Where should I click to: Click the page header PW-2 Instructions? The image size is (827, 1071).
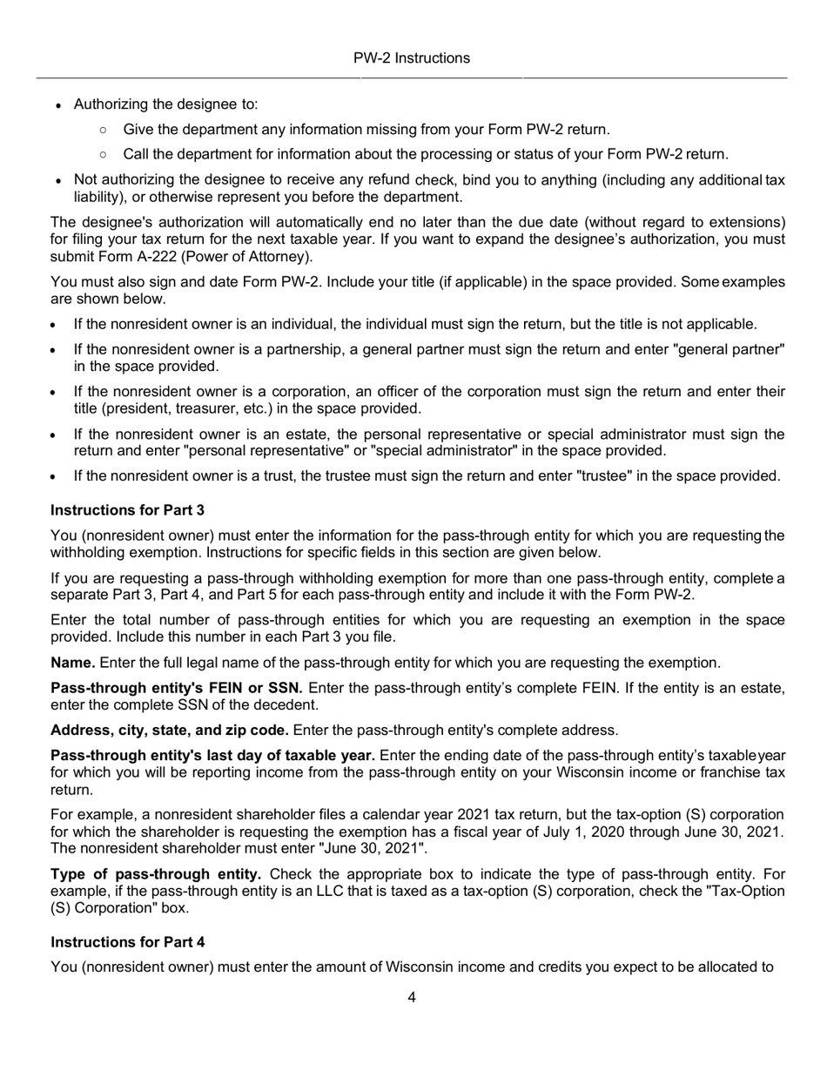click(x=411, y=58)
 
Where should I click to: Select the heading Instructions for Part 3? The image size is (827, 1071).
click(x=127, y=509)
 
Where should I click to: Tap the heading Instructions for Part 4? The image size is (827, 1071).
click(x=127, y=941)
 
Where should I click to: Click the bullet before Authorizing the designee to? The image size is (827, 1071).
click(x=57, y=105)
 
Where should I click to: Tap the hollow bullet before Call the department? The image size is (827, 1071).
click(x=104, y=155)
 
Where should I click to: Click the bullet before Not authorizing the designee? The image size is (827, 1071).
click(x=57, y=181)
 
